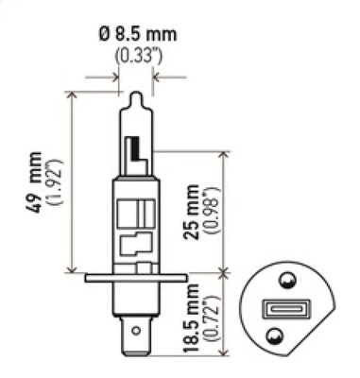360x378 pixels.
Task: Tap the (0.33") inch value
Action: coord(136,55)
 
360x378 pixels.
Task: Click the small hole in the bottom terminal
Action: coord(137,332)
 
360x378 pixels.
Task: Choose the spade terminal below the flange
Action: coord(137,331)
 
